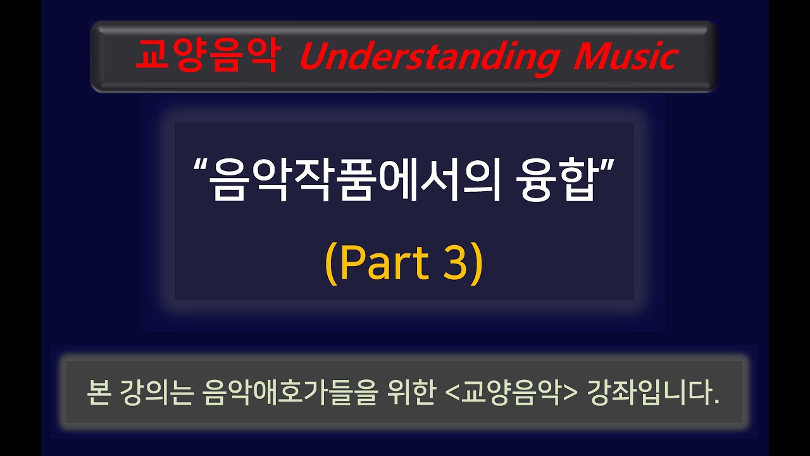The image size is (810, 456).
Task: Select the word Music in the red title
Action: pos(625,56)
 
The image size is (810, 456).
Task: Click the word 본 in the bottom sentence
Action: pos(100,393)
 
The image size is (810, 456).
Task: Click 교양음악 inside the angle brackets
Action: pos(508,393)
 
